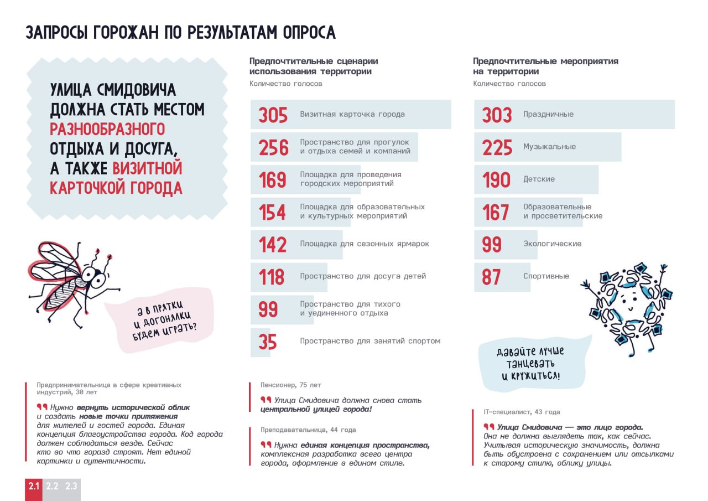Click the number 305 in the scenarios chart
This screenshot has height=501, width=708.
273,115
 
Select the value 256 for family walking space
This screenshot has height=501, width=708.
274,147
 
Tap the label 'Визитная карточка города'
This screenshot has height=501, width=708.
352,114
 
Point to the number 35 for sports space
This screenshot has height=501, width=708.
268,342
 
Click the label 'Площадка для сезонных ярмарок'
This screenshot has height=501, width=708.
365,244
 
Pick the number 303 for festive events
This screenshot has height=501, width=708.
497,115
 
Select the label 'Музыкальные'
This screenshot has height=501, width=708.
549,147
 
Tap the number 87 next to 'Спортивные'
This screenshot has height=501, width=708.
491,277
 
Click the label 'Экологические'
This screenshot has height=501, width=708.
552,244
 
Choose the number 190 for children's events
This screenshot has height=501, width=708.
496,180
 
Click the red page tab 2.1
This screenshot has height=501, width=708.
34,487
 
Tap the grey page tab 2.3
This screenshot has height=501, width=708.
71,487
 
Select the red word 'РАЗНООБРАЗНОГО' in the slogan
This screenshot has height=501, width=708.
107,129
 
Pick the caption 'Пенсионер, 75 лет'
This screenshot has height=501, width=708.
290,385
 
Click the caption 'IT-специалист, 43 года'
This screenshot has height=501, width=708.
522,412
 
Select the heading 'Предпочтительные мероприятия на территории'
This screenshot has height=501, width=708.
545,66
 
